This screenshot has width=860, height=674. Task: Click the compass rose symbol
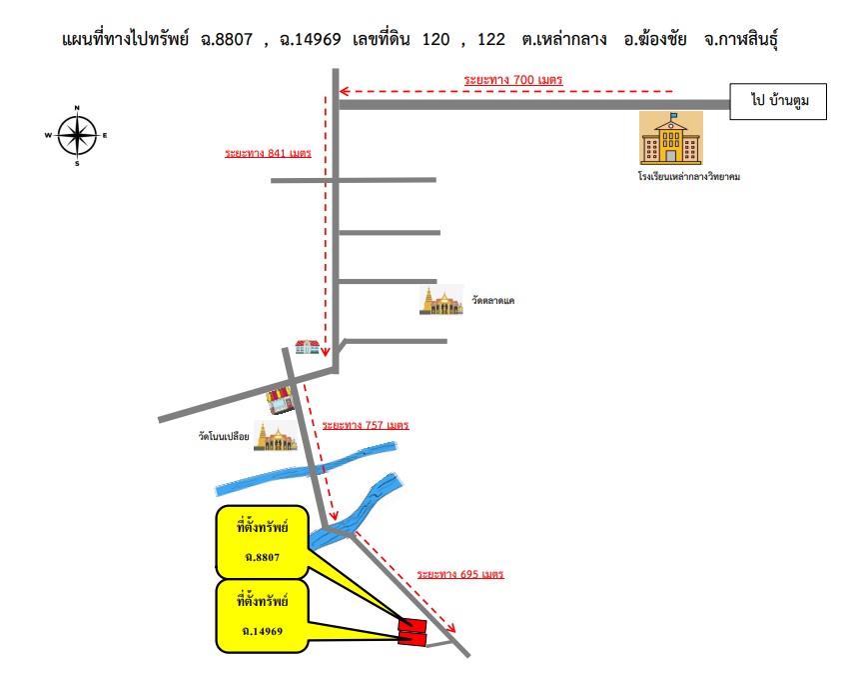77,135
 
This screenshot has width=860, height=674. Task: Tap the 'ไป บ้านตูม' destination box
778,101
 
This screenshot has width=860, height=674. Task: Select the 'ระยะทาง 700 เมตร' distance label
512,80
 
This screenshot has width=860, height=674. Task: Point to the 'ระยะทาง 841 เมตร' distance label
268,153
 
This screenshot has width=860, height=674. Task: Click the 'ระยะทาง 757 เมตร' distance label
366,425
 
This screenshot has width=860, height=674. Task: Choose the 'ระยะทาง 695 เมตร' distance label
460,574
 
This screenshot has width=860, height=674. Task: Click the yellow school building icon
671,138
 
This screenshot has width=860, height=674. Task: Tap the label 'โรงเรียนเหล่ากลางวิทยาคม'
689,176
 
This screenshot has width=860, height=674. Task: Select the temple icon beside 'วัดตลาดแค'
440,300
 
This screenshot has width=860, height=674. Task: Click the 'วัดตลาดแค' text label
493,300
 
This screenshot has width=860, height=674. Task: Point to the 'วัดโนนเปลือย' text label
224,436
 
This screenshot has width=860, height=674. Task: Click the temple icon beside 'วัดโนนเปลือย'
276,436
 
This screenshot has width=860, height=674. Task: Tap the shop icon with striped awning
280,400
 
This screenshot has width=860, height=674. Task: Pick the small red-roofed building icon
308,347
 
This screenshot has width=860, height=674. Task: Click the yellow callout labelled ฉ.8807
262,542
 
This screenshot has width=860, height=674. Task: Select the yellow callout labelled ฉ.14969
262,616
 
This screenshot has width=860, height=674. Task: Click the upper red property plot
413,625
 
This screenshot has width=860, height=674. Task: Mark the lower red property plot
413,638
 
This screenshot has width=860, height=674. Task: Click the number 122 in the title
490,40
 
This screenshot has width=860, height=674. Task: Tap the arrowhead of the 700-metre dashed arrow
345,91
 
